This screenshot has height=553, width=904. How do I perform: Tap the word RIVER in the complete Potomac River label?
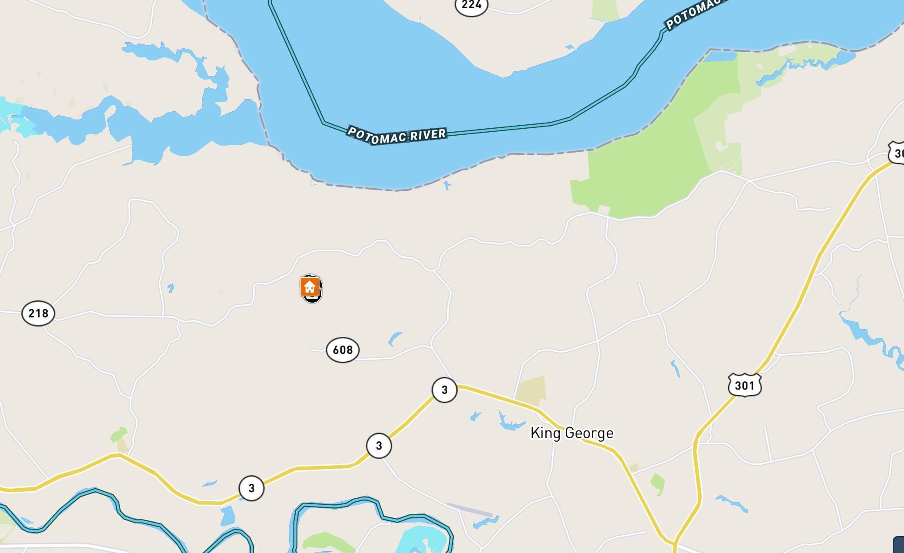pos(428,134)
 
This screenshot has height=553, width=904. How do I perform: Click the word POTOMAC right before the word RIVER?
pos(378,136)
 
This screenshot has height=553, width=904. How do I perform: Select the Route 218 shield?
pos(38,313)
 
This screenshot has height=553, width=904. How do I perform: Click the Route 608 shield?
pos(343,350)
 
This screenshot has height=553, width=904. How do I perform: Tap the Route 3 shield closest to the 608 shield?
pos(444,390)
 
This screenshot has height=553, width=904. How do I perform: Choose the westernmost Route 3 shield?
pos(251,488)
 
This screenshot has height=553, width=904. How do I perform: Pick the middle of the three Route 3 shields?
pos(379,446)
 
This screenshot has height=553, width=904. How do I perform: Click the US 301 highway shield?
pos(745,385)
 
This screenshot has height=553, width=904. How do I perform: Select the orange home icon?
pos(310,287)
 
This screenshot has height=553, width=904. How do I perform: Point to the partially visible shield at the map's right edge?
pos(897,153)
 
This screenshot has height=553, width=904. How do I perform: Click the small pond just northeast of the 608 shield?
pos(395,338)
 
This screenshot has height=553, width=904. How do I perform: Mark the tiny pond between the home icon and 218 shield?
pos(171,288)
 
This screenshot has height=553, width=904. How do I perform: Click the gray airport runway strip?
pos(469,510)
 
